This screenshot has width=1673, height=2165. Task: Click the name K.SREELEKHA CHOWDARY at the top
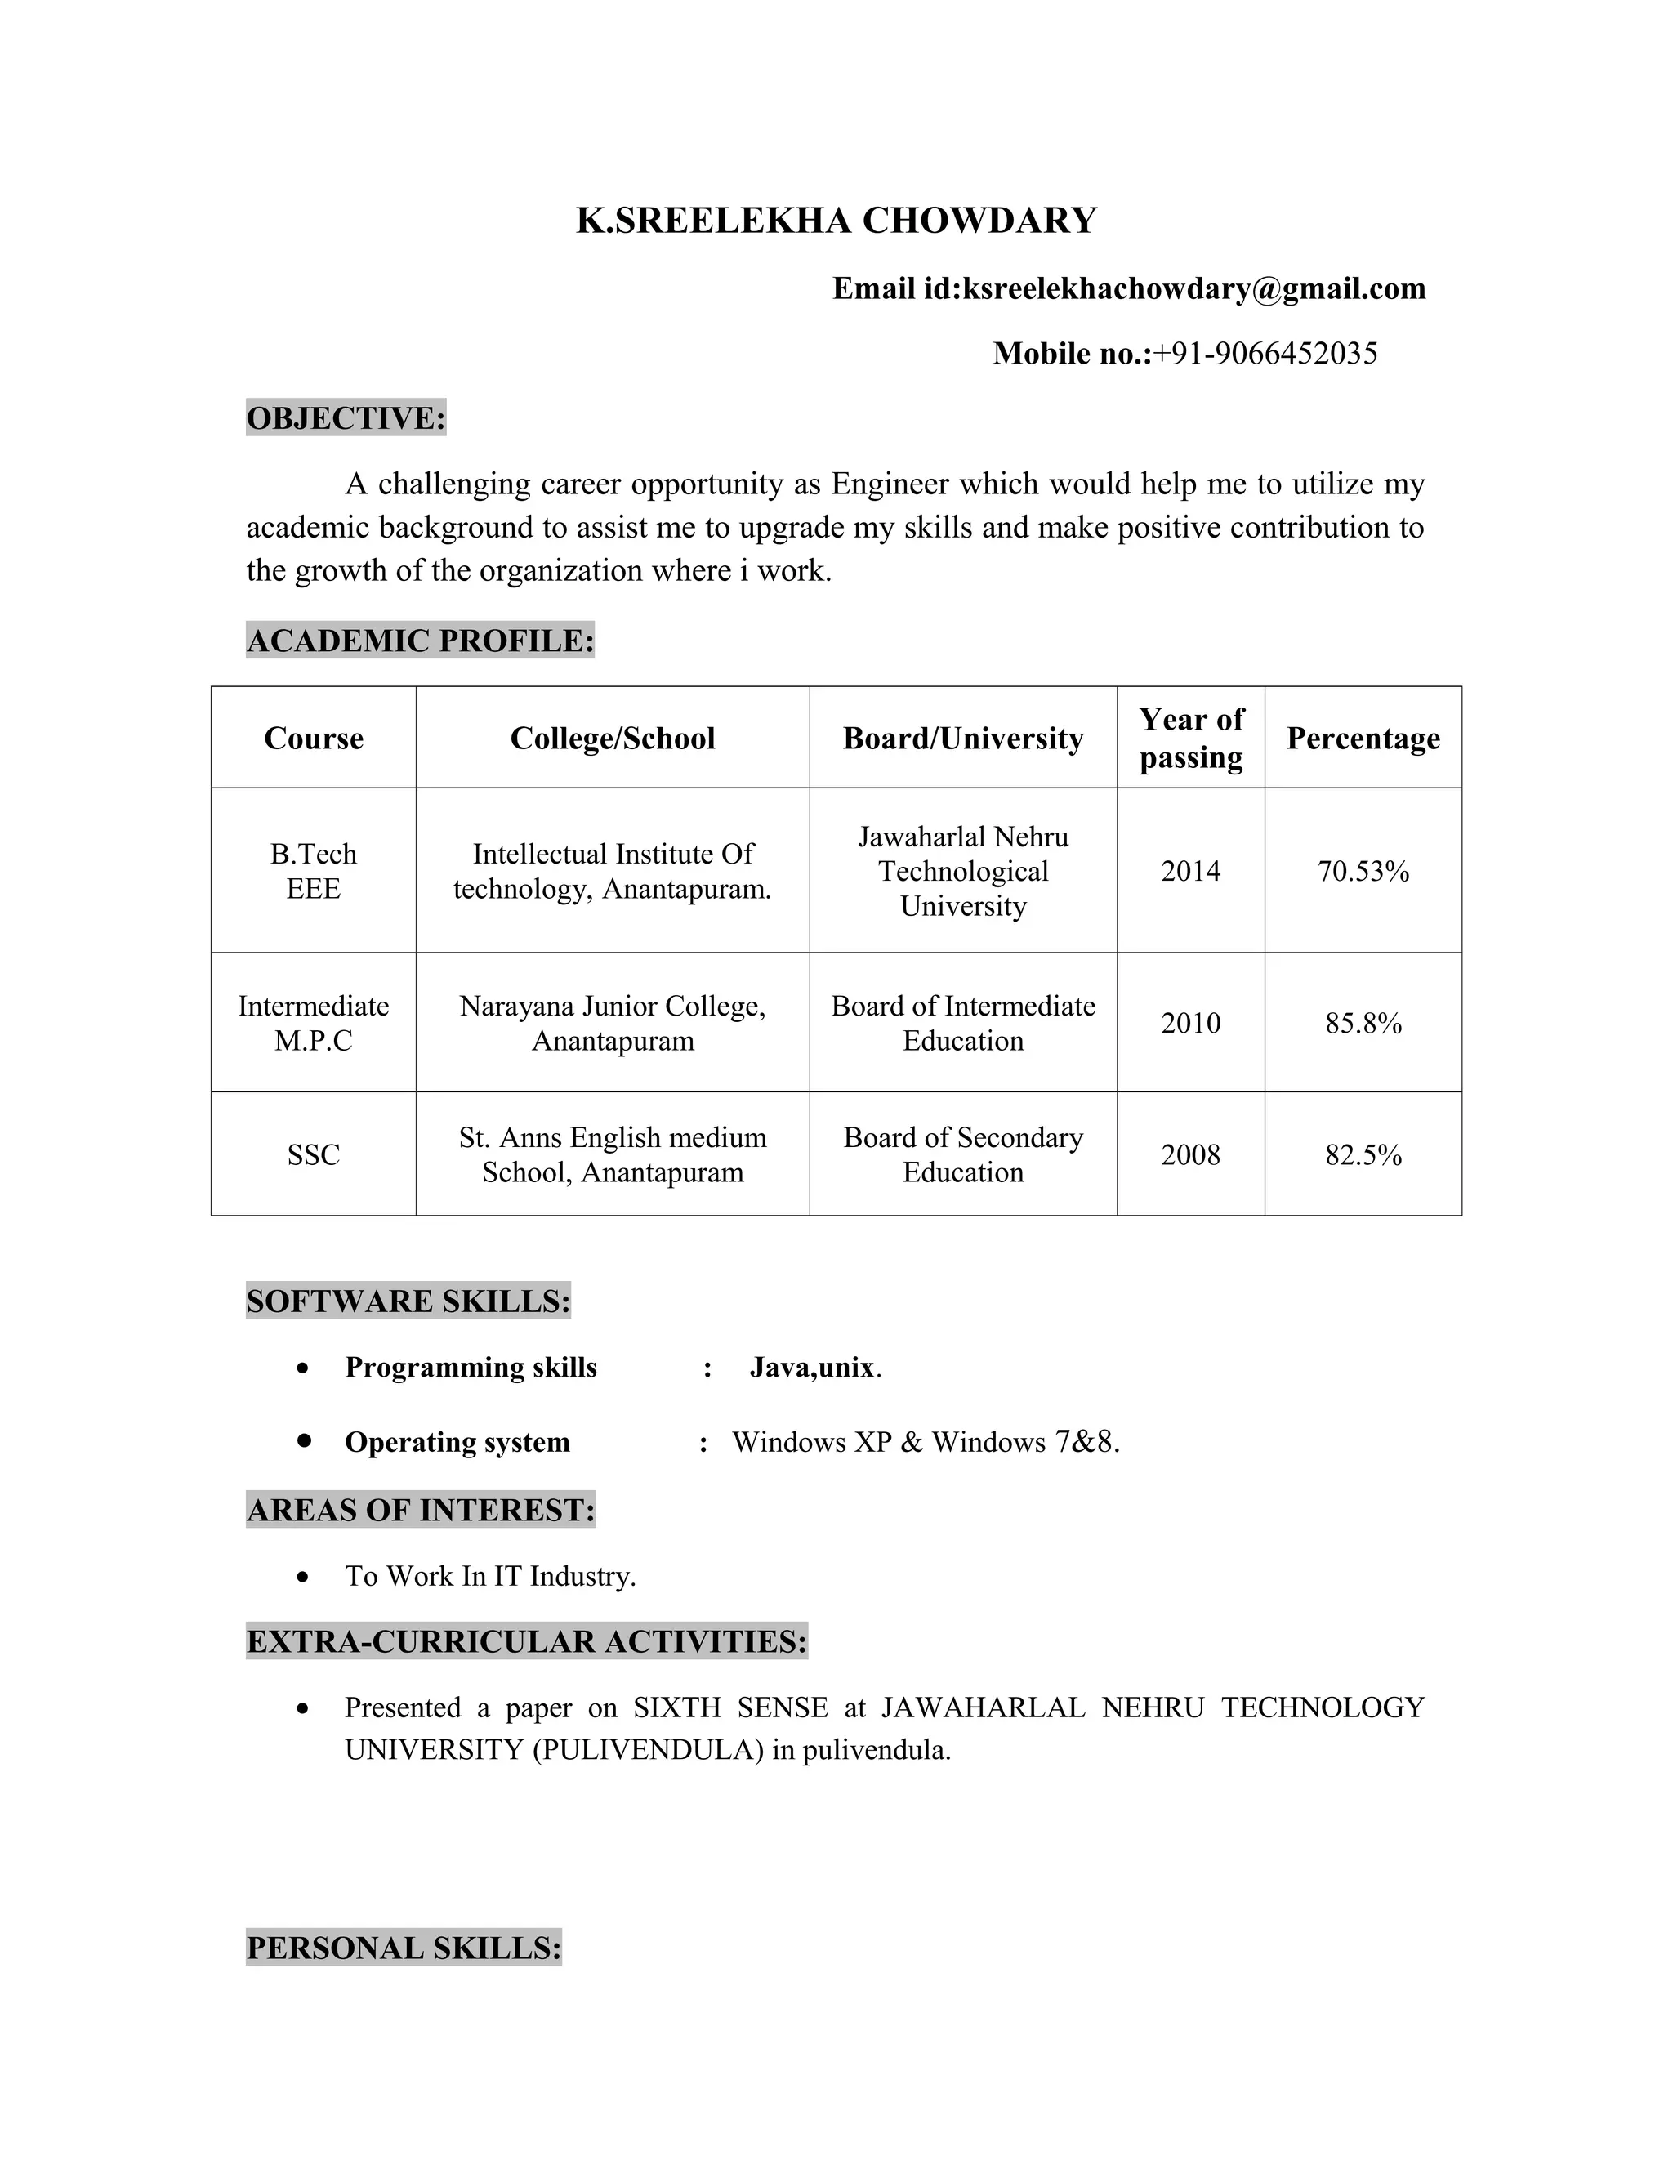[x=836, y=220]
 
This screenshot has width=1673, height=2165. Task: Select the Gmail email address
[x=1194, y=288]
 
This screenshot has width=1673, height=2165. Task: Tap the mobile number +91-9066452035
[x=1265, y=353]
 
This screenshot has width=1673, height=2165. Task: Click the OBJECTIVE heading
[x=346, y=418]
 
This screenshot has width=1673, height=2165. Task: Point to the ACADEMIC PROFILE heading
[x=419, y=641]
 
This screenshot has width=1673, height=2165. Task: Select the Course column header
[x=313, y=739]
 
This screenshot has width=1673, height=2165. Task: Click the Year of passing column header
[x=1190, y=739]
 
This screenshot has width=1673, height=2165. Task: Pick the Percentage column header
[x=1363, y=739]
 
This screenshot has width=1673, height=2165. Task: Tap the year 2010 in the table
[x=1190, y=1023]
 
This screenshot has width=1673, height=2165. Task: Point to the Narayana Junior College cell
[x=613, y=1023]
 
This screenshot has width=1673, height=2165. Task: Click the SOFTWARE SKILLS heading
[x=408, y=1301]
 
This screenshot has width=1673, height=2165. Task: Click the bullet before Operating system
[x=304, y=1440]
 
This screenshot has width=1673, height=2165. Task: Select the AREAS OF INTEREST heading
[x=420, y=1510]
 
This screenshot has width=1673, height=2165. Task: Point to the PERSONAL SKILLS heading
[x=404, y=1948]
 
